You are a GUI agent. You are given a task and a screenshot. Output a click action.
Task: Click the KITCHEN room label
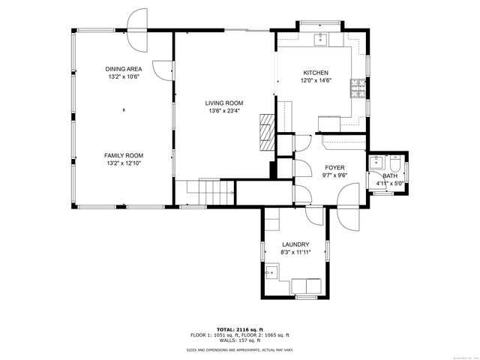click(315, 73)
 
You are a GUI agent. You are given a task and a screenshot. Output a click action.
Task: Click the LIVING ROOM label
click(224, 103)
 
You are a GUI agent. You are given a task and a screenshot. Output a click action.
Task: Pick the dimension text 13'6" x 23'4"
click(224, 111)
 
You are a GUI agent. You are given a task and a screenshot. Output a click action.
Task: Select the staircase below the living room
click(206, 193)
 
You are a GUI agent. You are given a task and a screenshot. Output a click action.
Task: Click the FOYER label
click(334, 168)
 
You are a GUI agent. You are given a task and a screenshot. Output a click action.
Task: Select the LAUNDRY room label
click(295, 244)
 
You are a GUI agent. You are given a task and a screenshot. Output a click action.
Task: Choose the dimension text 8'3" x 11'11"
click(295, 253)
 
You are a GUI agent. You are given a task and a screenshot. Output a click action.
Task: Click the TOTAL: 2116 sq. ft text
click(239, 329)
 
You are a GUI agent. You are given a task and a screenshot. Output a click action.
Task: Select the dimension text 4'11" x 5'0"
click(390, 182)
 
